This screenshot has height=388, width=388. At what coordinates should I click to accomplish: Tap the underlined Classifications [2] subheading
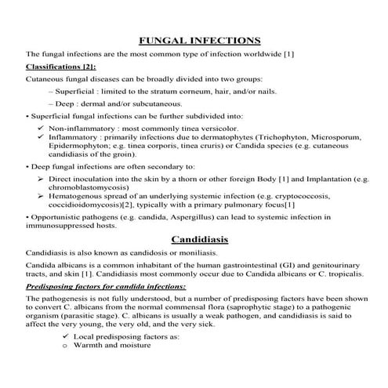pyautogui.click(x=61, y=67)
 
